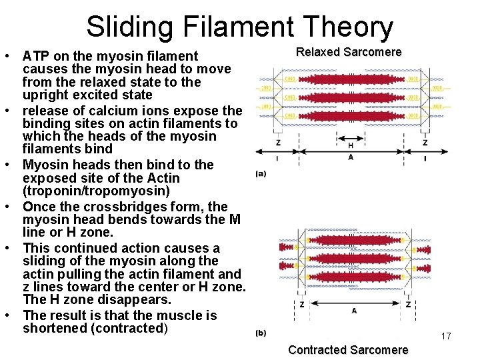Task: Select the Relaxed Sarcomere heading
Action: tap(349, 52)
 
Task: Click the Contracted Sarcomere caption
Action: tap(348, 350)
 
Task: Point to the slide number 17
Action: tap(446, 337)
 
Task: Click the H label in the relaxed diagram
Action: tap(351, 145)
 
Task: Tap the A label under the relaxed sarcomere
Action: tap(351, 158)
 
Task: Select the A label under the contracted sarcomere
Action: tap(353, 311)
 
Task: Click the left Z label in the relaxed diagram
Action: tap(277, 143)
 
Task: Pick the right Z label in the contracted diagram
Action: tap(407, 303)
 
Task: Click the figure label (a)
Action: tap(261, 174)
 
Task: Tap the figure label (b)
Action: tap(261, 333)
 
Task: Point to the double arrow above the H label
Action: tap(351, 138)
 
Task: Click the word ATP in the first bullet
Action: tap(35, 56)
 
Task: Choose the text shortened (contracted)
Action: tap(95, 329)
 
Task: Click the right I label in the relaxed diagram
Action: tap(425, 158)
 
